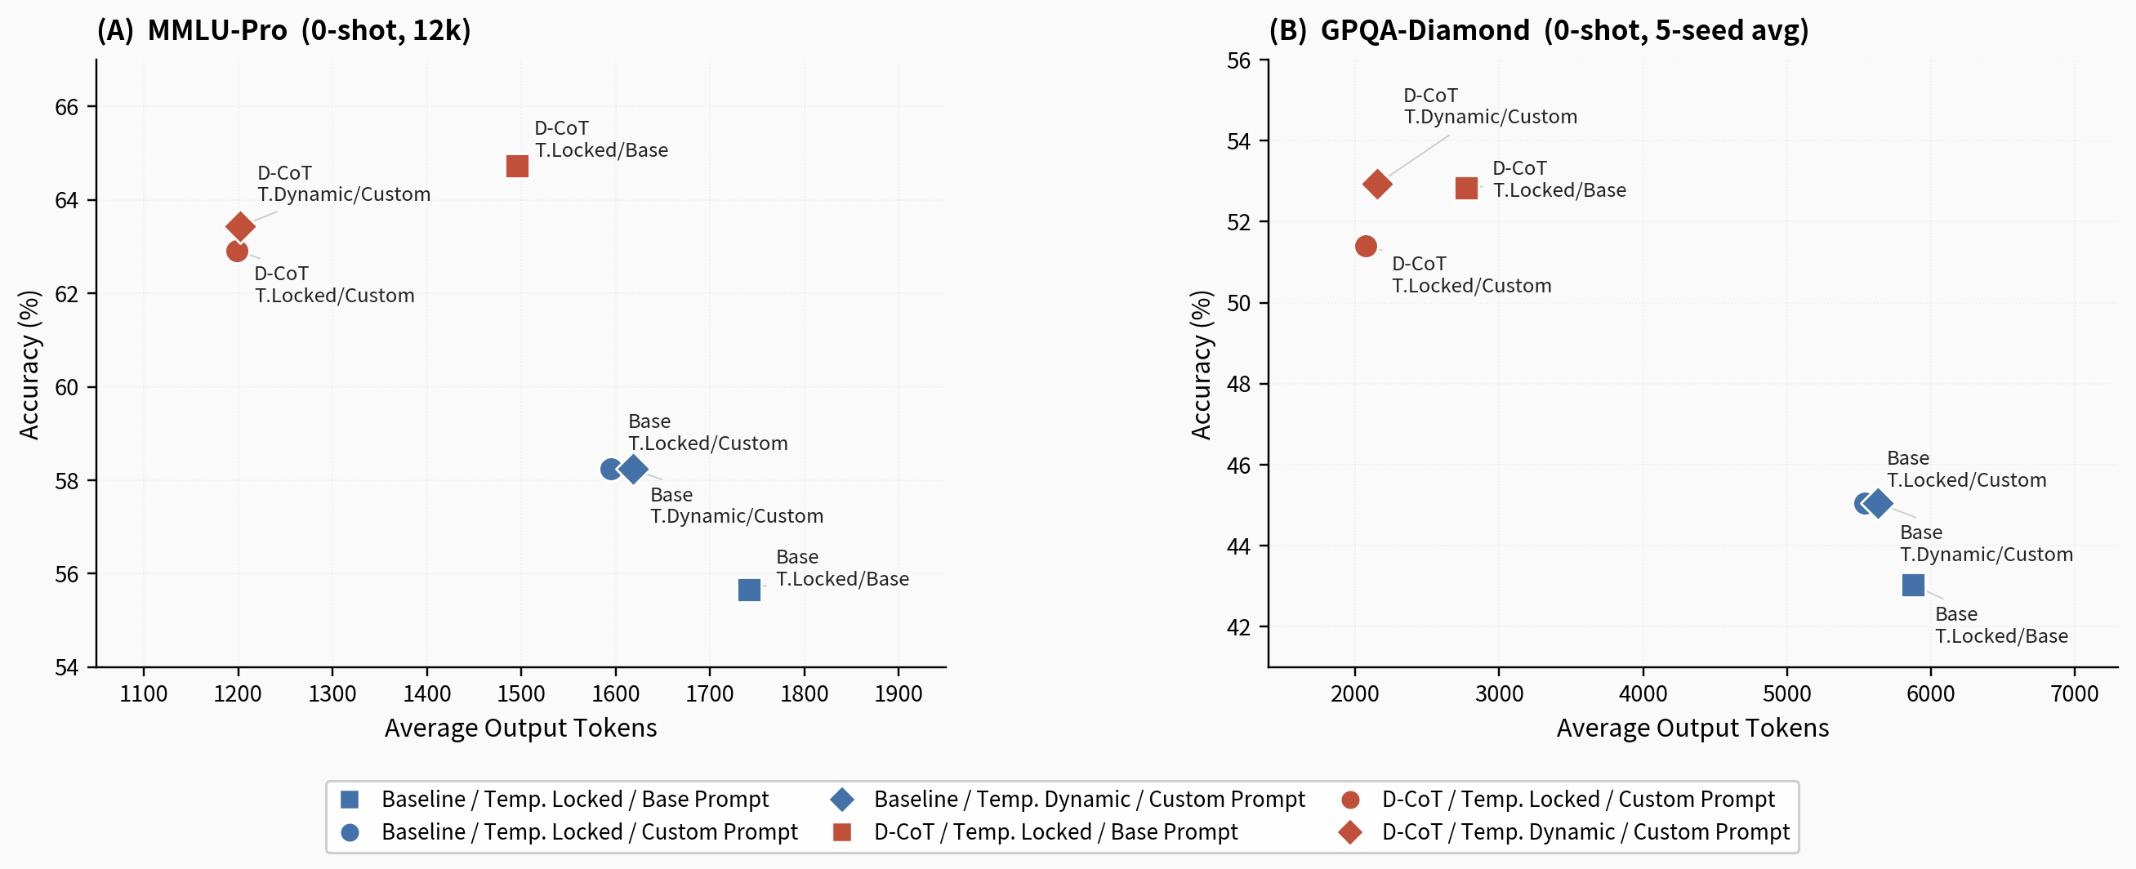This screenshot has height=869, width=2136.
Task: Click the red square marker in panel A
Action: [516, 167]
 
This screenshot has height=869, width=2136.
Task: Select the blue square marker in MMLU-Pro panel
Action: [749, 590]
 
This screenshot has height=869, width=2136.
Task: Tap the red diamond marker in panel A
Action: [240, 226]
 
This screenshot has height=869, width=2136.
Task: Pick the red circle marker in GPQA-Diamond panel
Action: [1366, 247]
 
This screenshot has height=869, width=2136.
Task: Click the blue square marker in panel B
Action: [1912, 586]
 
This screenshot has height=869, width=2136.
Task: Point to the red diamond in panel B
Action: [1377, 184]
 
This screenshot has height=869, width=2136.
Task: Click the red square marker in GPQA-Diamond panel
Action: [1466, 188]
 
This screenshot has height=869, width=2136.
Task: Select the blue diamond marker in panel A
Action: [634, 470]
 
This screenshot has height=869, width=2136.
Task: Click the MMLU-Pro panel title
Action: [283, 31]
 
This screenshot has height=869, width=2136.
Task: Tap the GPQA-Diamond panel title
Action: [1538, 31]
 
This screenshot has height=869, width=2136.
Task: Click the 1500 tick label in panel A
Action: [521, 693]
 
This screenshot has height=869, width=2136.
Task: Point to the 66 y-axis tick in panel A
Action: [66, 107]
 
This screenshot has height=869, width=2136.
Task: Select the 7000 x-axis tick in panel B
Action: [2074, 693]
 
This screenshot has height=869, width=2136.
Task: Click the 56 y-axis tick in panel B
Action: [1239, 60]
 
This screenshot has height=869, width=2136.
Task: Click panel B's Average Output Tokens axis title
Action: [1692, 728]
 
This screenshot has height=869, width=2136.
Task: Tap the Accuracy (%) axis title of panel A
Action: [29, 365]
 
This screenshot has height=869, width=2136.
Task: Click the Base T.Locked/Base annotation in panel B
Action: [2001, 626]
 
